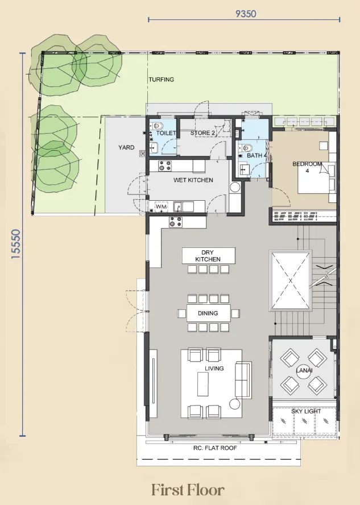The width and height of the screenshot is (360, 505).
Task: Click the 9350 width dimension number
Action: [246, 14]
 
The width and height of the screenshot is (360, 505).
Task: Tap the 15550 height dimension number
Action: [15, 244]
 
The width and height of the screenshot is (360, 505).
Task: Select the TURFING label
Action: [162, 80]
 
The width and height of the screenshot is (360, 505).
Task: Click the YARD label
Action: [126, 147]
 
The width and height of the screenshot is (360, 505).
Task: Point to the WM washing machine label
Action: [161, 206]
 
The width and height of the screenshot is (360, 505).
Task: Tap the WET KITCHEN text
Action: [193, 180]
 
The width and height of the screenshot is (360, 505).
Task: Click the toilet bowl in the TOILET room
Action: [158, 126]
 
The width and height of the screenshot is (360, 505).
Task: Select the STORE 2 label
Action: [202, 133]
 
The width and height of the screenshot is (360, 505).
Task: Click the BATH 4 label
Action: [256, 156]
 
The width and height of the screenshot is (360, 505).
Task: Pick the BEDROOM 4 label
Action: [307, 167]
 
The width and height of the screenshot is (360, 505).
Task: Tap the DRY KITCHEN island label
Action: [208, 256]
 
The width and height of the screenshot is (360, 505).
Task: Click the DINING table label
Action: [208, 313]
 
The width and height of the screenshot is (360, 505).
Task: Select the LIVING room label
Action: [214, 369]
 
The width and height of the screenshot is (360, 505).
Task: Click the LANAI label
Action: [304, 371]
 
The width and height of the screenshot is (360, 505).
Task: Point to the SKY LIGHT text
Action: [306, 411]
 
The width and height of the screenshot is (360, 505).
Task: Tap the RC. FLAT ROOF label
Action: [215, 448]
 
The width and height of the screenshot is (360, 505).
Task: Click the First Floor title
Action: [188, 490]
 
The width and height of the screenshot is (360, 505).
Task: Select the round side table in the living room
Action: [235, 404]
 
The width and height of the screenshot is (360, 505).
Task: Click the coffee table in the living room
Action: [203, 384]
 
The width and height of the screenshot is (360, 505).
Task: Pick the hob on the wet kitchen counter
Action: [165, 166]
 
